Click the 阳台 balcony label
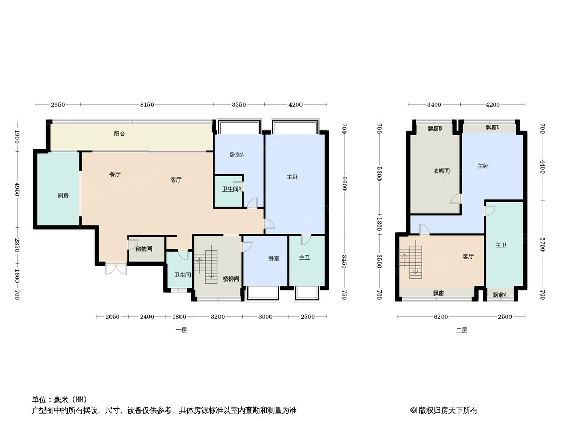(x=119, y=134)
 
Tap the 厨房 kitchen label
(x=63, y=195)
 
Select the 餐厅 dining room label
(x=115, y=174)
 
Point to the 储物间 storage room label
(x=144, y=248)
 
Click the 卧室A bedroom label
(x=236, y=155)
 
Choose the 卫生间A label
(x=232, y=189)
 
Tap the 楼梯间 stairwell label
(x=231, y=278)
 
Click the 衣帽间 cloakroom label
(x=442, y=171)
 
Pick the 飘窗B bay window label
(x=435, y=128)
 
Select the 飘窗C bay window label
(x=493, y=127)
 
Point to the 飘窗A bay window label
(x=500, y=295)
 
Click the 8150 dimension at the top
(x=147, y=105)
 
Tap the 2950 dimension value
(x=57, y=105)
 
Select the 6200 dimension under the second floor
(x=441, y=317)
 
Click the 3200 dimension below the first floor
(x=217, y=317)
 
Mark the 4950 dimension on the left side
(x=17, y=189)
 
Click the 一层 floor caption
(x=182, y=330)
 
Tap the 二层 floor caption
(x=462, y=330)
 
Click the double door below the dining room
(x=116, y=268)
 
